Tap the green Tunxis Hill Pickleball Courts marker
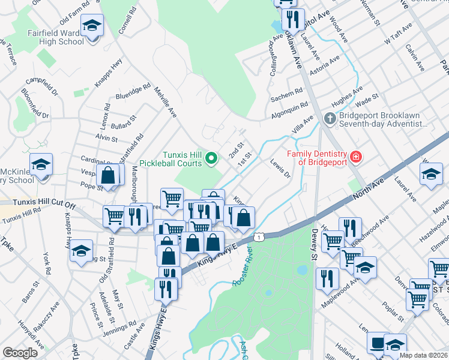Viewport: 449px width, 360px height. point(211,158)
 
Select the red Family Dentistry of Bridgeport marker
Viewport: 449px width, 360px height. point(356,157)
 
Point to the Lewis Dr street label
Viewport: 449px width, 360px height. point(280,169)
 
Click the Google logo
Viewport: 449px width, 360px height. point(20,353)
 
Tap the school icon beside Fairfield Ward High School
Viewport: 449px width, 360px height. point(92,26)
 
